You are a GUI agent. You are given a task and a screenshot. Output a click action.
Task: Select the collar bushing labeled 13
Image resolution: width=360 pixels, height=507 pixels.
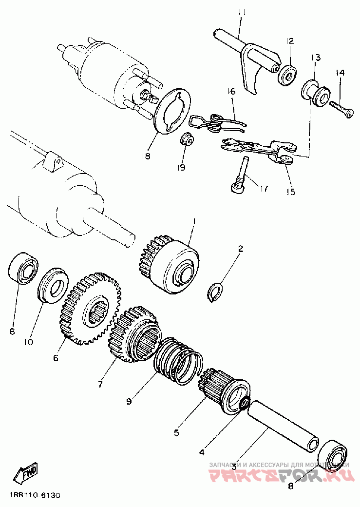click(x=317, y=92)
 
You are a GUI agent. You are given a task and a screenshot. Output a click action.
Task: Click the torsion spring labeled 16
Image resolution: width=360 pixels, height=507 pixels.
click(x=216, y=122)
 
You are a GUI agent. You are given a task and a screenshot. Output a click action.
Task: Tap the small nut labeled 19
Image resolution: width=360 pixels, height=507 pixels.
click(x=188, y=140)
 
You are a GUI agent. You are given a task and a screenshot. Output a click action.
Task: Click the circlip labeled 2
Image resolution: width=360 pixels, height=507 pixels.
click(x=215, y=292)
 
